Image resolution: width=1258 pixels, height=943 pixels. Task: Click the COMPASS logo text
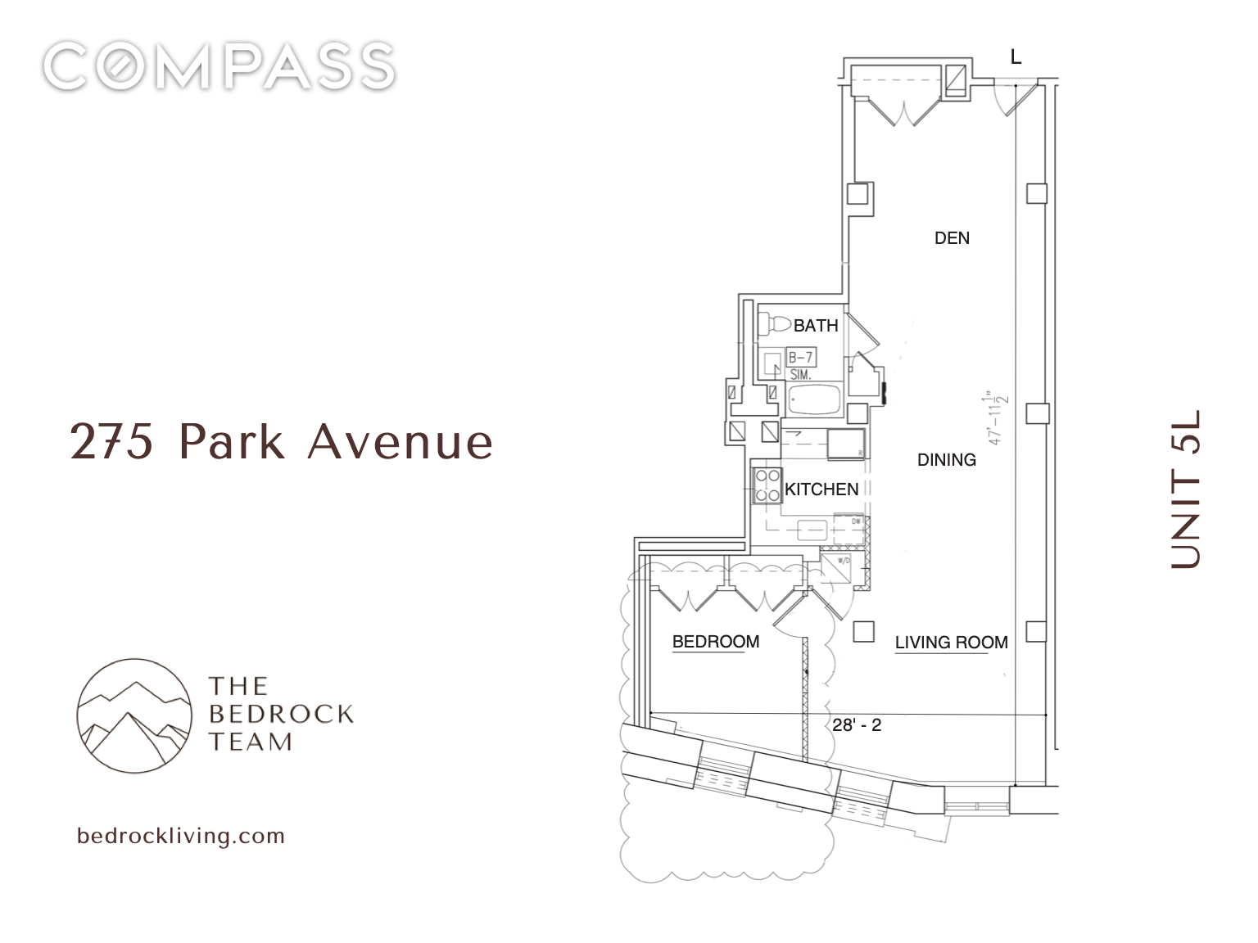coord(219,66)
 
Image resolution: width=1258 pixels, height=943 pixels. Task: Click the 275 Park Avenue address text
coord(282,442)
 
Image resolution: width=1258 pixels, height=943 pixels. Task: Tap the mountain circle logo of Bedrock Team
coord(134,715)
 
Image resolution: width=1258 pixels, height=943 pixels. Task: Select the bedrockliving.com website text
coord(181,836)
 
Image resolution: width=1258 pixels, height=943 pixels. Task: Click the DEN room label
coord(952,238)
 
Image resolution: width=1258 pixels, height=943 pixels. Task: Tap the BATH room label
coord(816,326)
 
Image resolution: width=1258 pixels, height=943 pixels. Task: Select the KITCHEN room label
coord(821,490)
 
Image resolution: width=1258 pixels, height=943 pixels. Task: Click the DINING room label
coord(946,460)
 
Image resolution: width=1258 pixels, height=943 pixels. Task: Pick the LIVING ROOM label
coord(951,643)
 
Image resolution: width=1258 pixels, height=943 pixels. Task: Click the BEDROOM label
coord(715,642)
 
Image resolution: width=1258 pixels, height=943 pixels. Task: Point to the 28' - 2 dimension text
coord(857,725)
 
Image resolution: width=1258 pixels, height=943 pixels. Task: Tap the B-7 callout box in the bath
coord(800,358)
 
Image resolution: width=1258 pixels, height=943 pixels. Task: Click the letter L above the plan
coord(1016,57)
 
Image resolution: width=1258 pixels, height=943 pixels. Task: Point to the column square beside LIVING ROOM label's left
coord(862,631)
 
